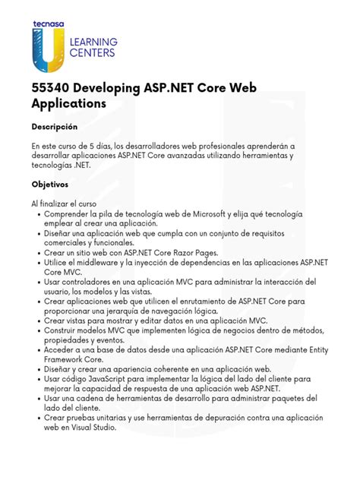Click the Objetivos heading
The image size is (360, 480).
[x=49, y=184]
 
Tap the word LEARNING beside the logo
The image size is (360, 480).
[x=93, y=43]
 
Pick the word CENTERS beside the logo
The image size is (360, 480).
[x=92, y=54]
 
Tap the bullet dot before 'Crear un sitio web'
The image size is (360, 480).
[x=39, y=252]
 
